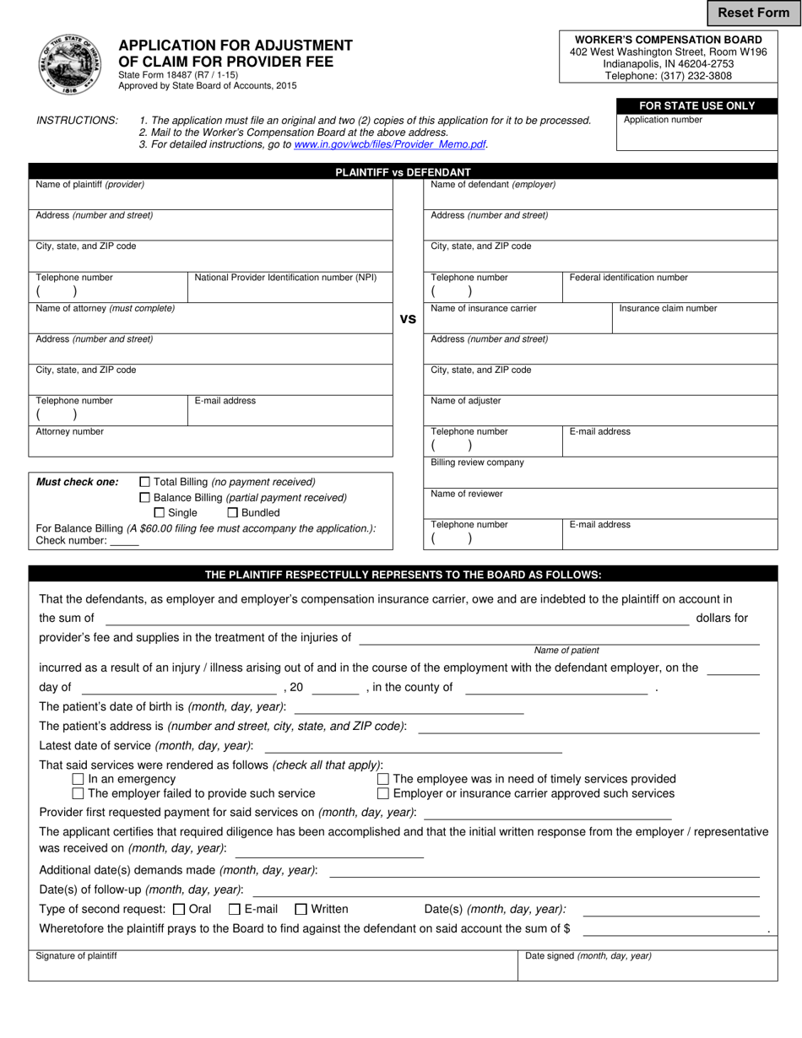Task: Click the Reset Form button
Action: tap(753, 13)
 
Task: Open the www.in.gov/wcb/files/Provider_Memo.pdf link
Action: tap(389, 144)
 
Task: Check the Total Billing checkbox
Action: tap(144, 482)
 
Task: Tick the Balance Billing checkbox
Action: tap(144, 498)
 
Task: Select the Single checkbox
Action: tap(160, 513)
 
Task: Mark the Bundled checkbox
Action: tap(233, 513)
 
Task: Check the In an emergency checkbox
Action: tap(79, 779)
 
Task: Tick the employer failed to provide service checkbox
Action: tap(79, 793)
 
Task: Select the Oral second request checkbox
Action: tap(178, 910)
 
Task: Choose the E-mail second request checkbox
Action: tap(235, 910)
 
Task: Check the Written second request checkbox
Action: tap(301, 910)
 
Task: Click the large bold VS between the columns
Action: tap(408, 319)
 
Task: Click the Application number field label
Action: tap(663, 120)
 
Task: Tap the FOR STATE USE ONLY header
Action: tap(696, 105)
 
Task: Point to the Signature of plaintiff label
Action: tap(76, 956)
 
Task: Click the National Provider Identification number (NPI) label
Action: tap(285, 278)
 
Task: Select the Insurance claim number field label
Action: tap(668, 309)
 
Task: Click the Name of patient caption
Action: tap(566, 651)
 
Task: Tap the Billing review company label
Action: tap(477, 462)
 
